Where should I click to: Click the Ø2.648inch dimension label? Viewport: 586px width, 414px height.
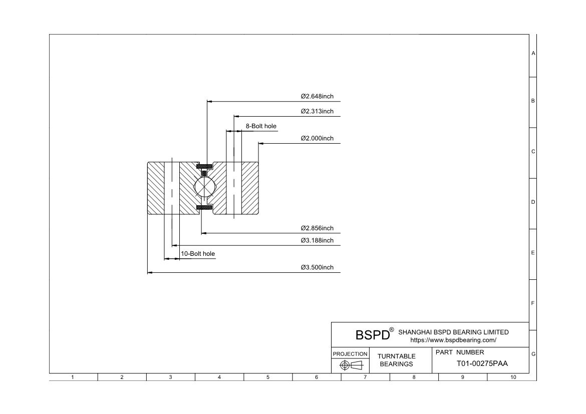click(317, 96)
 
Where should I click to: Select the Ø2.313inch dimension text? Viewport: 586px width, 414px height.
click(317, 111)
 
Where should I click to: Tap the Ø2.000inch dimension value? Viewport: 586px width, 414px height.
click(317, 138)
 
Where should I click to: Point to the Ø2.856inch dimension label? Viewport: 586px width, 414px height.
click(317, 228)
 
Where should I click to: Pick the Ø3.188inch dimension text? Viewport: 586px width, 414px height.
click(317, 241)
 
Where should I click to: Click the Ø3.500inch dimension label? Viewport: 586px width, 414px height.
click(317, 267)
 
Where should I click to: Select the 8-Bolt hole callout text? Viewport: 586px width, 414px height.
click(260, 126)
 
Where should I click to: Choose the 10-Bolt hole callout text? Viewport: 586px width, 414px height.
click(198, 254)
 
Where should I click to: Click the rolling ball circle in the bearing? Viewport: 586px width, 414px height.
click(204, 187)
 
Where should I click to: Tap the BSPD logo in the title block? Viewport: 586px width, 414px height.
click(373, 334)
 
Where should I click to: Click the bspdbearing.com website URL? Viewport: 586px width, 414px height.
click(453, 340)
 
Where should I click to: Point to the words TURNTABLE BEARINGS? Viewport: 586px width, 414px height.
click(396, 360)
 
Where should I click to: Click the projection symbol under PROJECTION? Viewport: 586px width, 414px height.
click(351, 365)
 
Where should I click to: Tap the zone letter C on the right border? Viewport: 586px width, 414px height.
click(533, 152)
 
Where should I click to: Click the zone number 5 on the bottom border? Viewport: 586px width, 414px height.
click(268, 377)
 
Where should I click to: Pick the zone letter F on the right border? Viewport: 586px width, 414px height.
click(533, 303)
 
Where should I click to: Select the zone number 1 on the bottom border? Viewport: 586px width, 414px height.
click(73, 377)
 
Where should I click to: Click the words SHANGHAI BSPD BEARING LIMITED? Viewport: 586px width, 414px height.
click(453, 332)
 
